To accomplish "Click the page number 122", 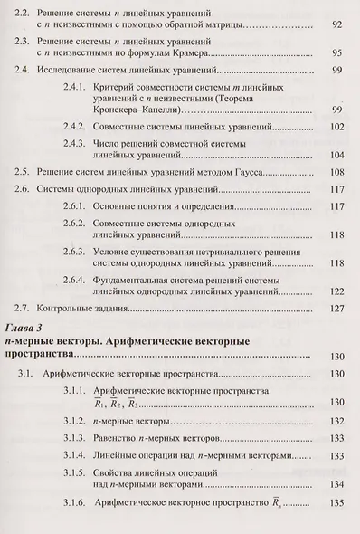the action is (336, 291).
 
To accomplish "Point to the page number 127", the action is (336, 309).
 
